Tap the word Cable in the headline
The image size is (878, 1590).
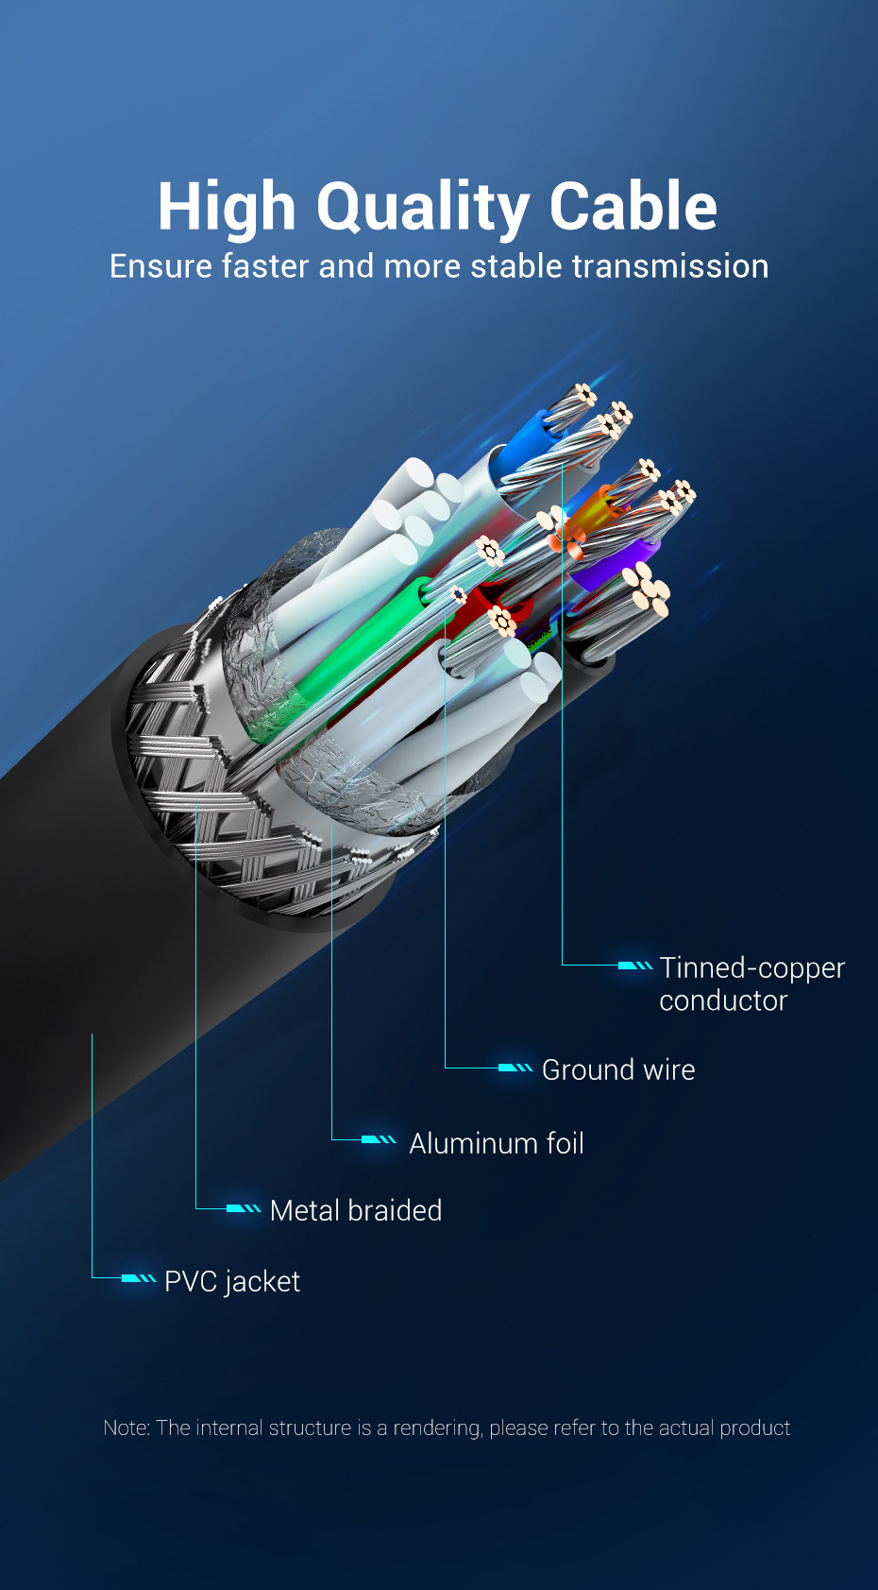click(633, 207)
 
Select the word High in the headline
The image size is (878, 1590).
click(227, 207)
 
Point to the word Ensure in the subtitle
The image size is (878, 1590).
click(160, 266)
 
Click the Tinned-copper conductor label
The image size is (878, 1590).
click(751, 983)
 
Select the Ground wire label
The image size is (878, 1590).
click(618, 1069)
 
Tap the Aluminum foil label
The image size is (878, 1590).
click(497, 1143)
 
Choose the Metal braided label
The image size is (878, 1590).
click(356, 1210)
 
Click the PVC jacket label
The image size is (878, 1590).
click(232, 1281)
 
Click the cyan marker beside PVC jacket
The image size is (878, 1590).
click(138, 1278)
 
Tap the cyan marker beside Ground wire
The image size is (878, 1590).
click(515, 1068)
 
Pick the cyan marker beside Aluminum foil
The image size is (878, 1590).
click(379, 1140)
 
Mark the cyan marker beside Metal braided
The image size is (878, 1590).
click(244, 1208)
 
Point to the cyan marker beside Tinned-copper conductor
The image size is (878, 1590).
click(634, 966)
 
